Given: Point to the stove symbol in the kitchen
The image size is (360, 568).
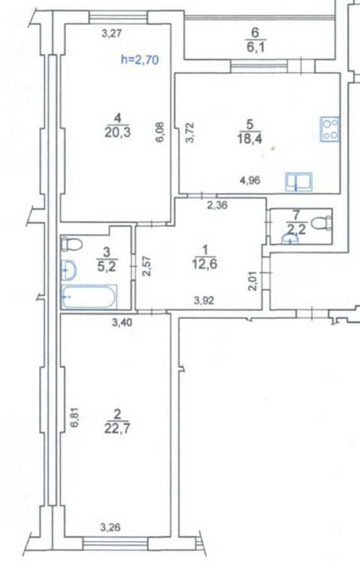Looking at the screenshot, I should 330,128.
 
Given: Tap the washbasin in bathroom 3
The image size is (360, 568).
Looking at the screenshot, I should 70,271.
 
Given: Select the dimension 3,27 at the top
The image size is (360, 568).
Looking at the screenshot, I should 111,34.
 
